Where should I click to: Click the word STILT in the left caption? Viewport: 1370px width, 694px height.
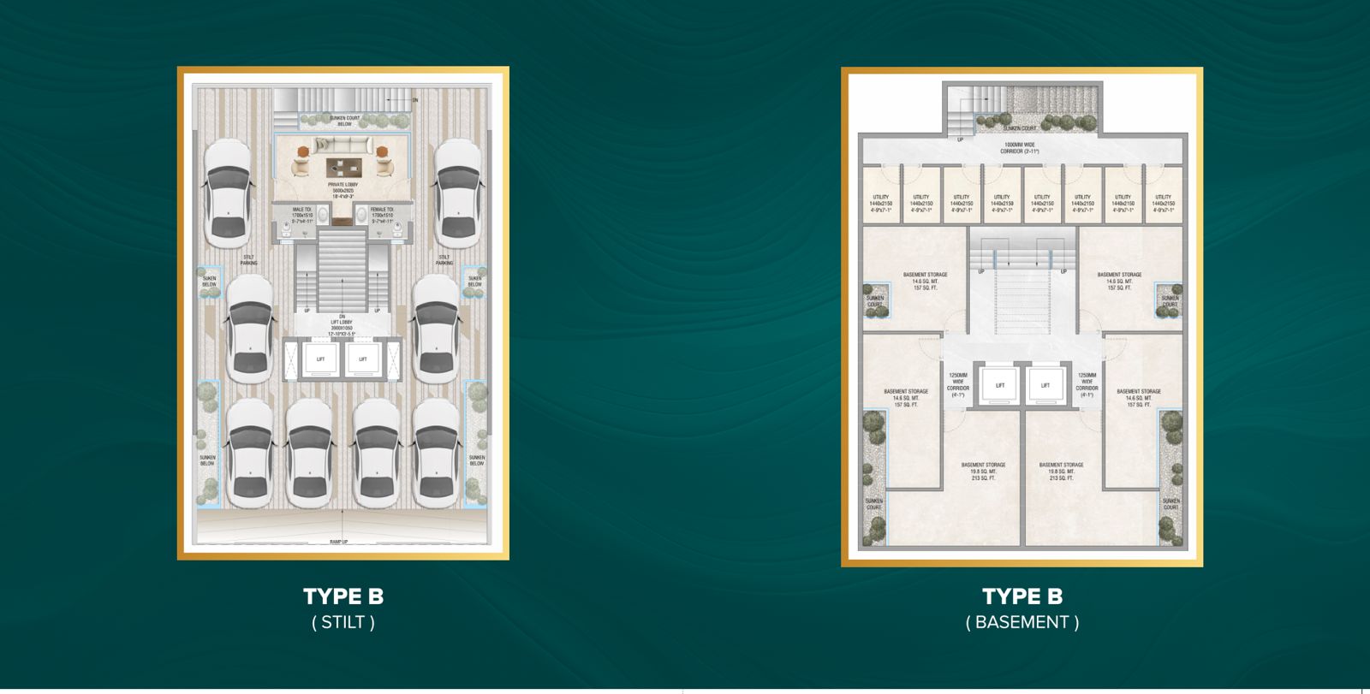point(343,623)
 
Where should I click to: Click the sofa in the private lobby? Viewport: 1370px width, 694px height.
point(342,145)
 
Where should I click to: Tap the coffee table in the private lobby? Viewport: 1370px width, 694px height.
point(342,166)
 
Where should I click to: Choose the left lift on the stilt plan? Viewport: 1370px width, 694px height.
point(320,359)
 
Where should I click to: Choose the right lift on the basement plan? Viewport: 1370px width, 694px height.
point(1045,385)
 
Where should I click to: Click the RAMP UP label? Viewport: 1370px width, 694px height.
point(342,542)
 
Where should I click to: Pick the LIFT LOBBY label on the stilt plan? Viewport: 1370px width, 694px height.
point(342,325)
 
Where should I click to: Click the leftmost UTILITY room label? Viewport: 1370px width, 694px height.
point(880,203)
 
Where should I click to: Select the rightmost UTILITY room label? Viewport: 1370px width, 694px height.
point(1163,203)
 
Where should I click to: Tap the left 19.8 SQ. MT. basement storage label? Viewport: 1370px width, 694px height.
point(983,472)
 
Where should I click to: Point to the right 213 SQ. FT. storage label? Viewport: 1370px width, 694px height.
point(1061,478)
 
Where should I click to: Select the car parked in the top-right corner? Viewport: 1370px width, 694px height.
point(457,193)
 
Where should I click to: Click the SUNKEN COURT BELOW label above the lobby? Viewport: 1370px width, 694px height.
point(344,121)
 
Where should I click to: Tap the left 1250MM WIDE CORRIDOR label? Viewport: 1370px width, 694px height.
point(957,385)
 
